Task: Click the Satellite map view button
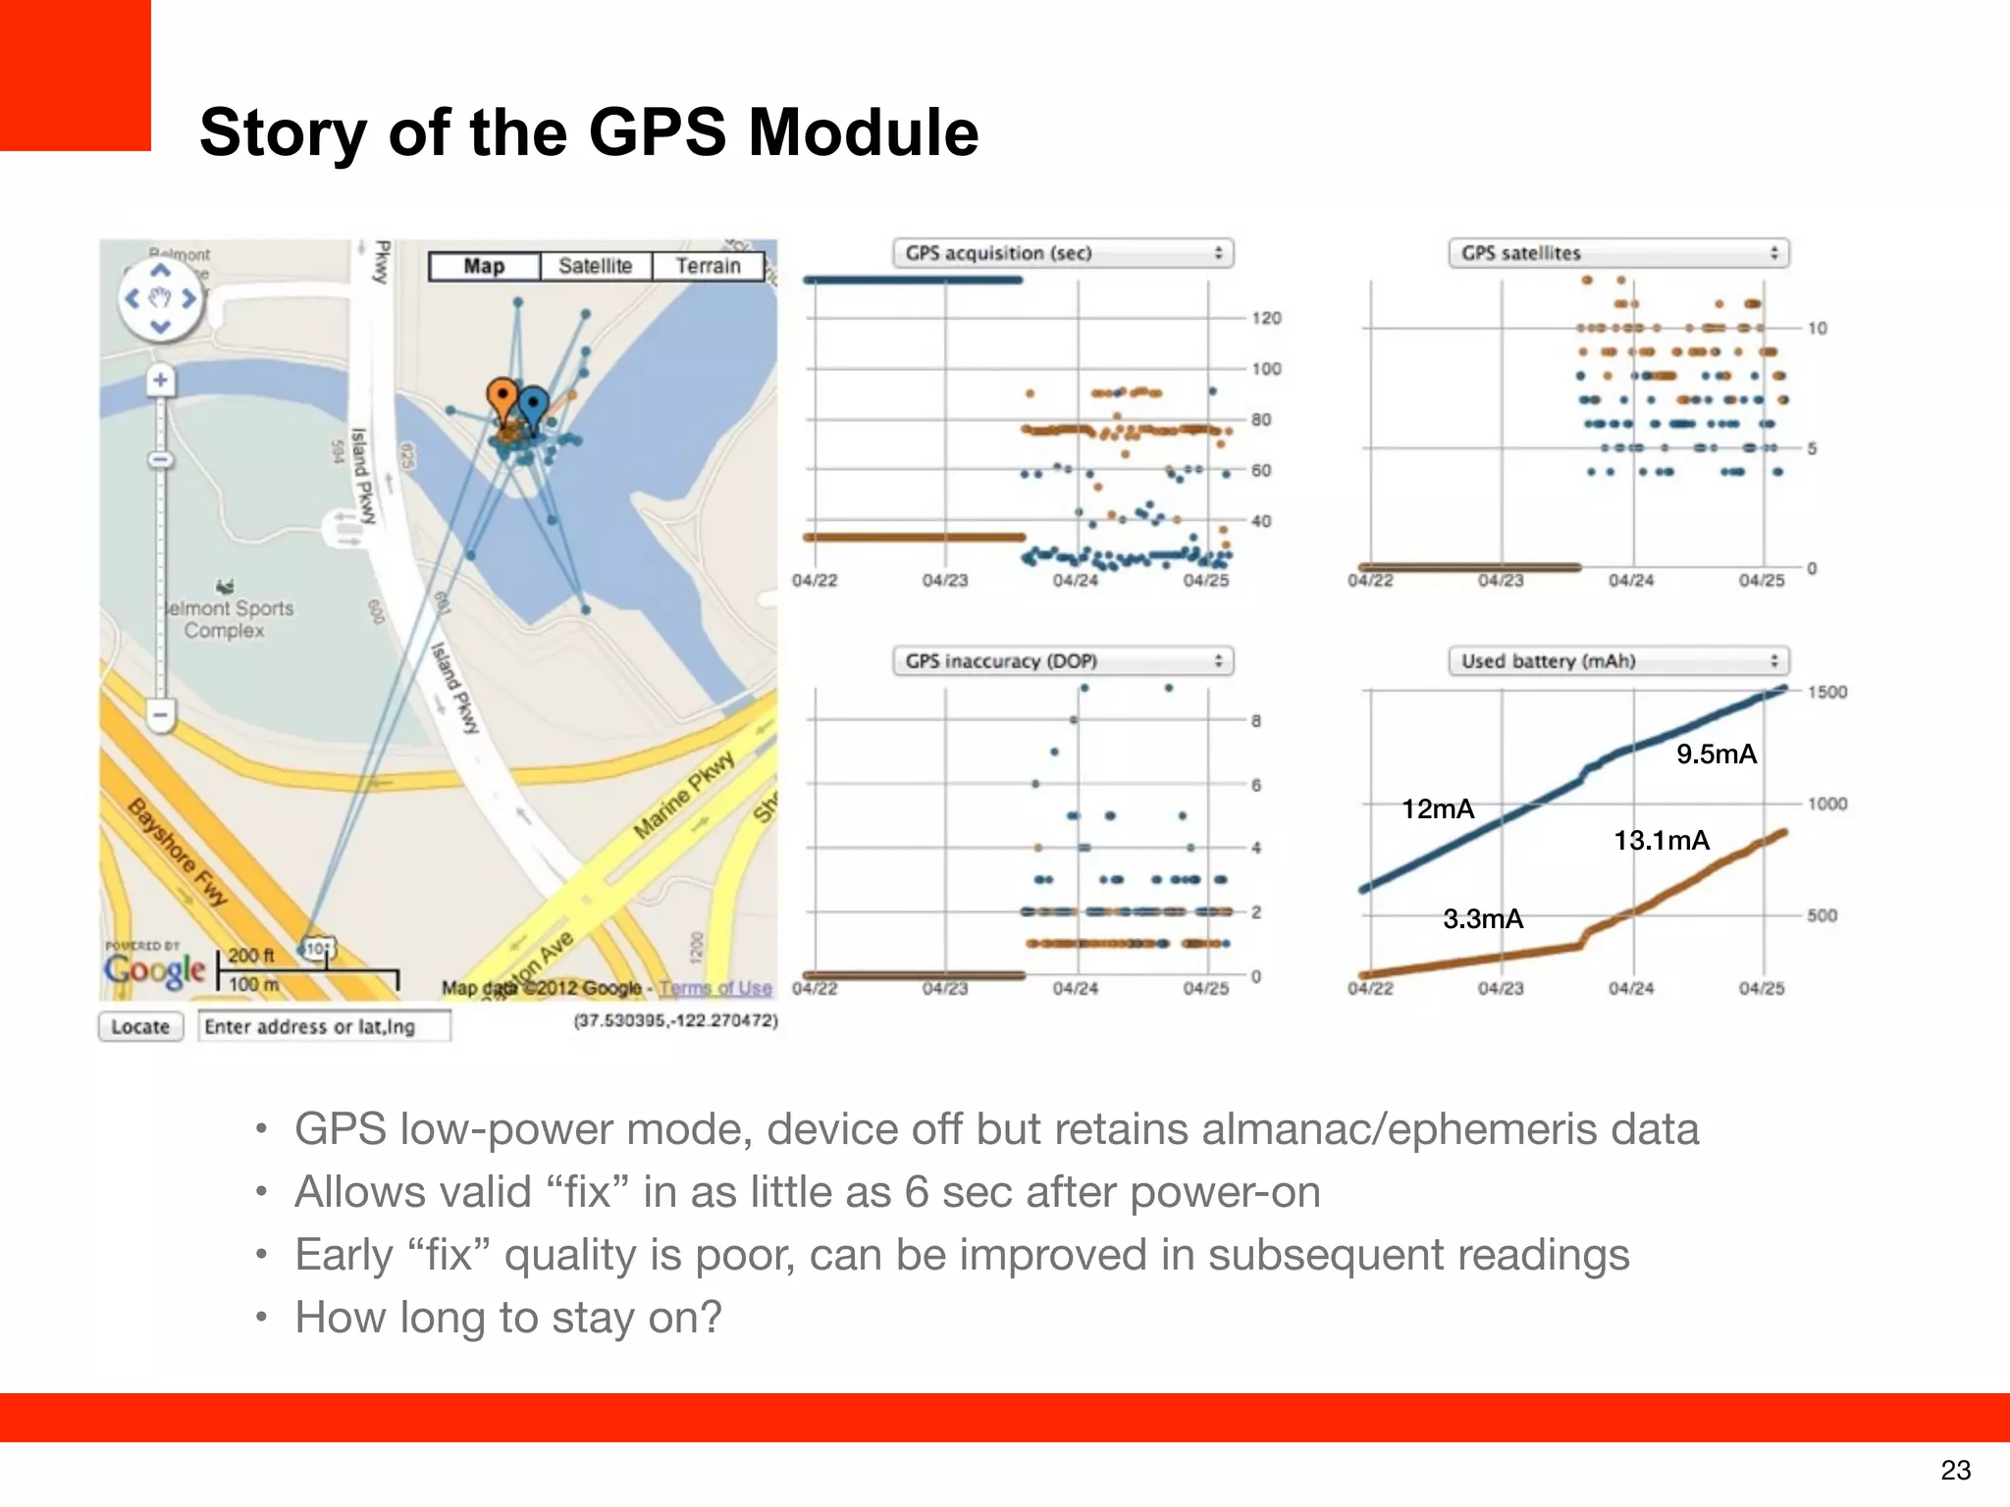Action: coord(595,266)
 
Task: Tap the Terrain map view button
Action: coord(708,266)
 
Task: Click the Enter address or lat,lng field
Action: coord(324,1026)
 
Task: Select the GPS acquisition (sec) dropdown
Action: coord(1063,253)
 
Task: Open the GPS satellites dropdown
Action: coord(1618,253)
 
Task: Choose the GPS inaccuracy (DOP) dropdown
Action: coord(1063,661)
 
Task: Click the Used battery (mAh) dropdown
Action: coord(1618,661)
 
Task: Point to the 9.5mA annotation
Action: coord(1716,753)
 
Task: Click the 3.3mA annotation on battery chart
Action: coord(1482,918)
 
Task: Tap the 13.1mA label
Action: coord(1661,840)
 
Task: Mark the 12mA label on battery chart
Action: coord(1438,808)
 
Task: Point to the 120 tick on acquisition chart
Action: coord(1266,318)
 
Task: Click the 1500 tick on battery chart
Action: coord(1826,692)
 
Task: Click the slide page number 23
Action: coord(1955,1470)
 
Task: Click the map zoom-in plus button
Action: coord(160,380)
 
